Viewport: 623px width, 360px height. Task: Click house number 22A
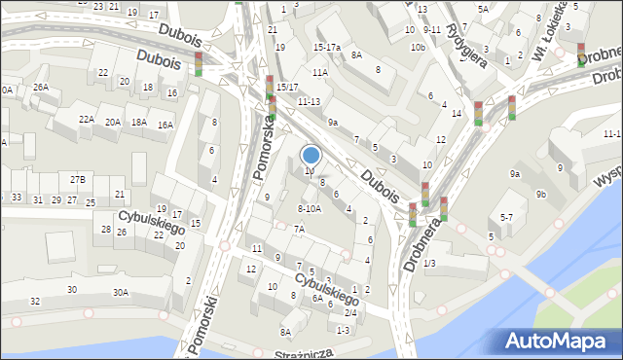pos(87,119)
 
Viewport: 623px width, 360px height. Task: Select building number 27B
pos(77,179)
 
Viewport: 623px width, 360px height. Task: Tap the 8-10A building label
pos(308,208)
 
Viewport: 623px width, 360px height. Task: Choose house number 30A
pos(120,292)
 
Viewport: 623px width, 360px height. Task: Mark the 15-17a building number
pos(326,47)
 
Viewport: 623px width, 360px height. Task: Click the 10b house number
pos(418,47)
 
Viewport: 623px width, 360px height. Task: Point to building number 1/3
pos(429,264)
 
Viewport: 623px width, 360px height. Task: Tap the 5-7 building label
pos(506,218)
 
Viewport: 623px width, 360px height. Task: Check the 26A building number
pos(40,87)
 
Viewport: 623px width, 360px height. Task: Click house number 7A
pos(300,229)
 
